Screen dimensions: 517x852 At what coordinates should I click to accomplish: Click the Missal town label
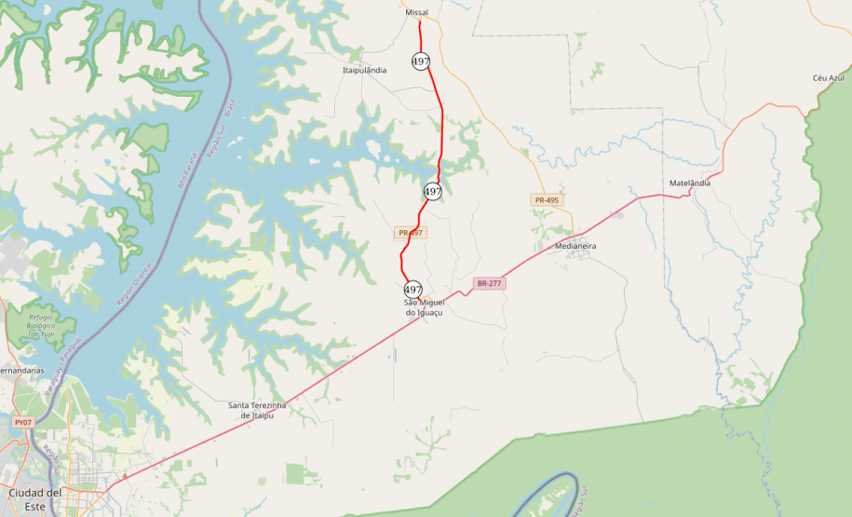pyautogui.click(x=416, y=13)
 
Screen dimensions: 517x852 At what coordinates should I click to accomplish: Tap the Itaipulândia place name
pyautogui.click(x=365, y=70)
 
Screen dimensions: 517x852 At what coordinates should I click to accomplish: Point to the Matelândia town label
pyautogui.click(x=690, y=183)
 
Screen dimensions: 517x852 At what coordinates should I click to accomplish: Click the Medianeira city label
pyautogui.click(x=575, y=246)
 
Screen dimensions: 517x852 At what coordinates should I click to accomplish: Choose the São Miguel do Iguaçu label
pyautogui.click(x=424, y=307)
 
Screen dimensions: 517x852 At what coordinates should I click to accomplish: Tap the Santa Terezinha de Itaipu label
pyautogui.click(x=257, y=410)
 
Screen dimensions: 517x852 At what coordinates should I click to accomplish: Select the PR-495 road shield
pyautogui.click(x=547, y=200)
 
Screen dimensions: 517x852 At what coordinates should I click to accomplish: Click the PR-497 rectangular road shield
pyautogui.click(x=411, y=233)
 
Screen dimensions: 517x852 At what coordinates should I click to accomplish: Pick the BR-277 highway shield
pyautogui.click(x=490, y=283)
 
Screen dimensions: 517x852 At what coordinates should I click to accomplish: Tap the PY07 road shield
pyautogui.click(x=23, y=422)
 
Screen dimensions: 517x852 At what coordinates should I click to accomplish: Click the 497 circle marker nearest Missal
pyautogui.click(x=421, y=61)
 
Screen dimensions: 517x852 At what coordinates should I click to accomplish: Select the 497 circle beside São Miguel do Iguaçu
pyautogui.click(x=413, y=290)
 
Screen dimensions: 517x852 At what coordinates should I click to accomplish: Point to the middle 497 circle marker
pyautogui.click(x=433, y=192)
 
